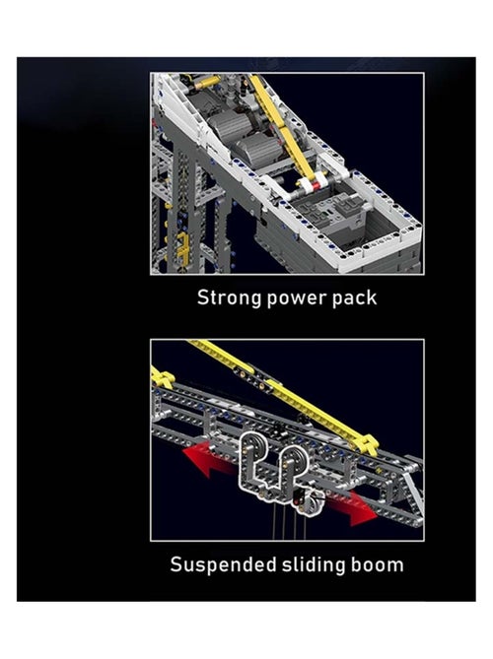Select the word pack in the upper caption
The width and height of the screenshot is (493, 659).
coord(354,298)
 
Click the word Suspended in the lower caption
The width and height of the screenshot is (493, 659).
coord(223,564)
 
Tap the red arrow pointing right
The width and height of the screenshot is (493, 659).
coord(353,508)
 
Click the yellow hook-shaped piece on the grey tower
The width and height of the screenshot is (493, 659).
coord(182,249)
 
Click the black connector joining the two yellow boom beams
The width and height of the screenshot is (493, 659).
coord(255,377)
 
